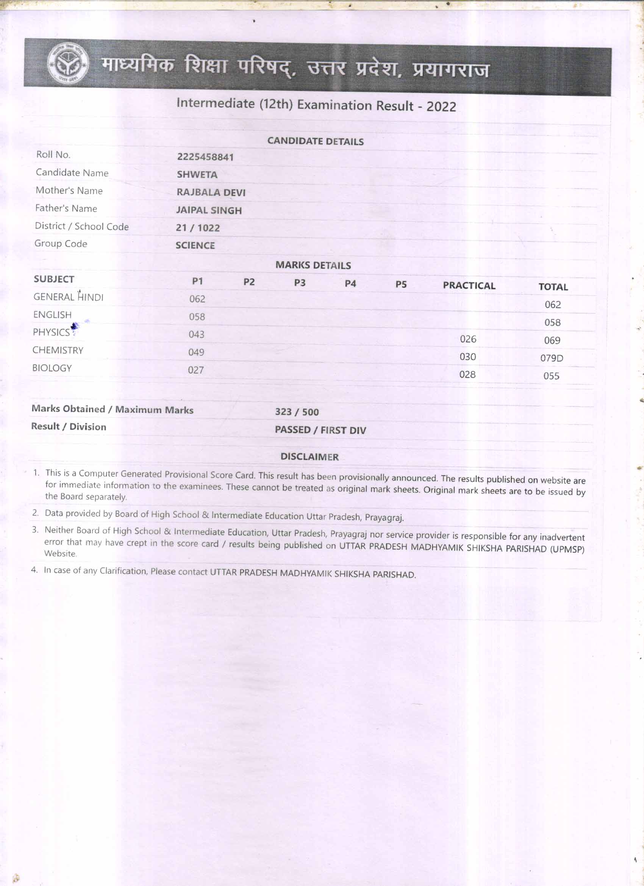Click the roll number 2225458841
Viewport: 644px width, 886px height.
(x=205, y=157)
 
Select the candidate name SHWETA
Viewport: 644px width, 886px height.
(x=197, y=175)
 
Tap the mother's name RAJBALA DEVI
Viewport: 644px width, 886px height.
(x=211, y=193)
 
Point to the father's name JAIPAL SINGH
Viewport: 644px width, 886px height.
(x=209, y=211)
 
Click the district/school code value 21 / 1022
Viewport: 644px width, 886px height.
(x=198, y=228)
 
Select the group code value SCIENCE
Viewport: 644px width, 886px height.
(x=195, y=246)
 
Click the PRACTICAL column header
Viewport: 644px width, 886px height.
(x=469, y=286)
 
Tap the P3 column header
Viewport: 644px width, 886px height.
(x=300, y=283)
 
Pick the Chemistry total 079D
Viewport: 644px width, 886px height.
(x=552, y=358)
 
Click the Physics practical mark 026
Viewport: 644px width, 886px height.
(x=468, y=339)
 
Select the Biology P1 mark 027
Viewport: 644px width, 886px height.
(x=195, y=370)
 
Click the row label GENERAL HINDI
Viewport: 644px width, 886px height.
(x=68, y=297)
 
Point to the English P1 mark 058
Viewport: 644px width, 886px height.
(x=197, y=317)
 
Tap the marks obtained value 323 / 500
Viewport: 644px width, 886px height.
(x=297, y=412)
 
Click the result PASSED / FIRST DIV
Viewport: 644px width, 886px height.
(x=320, y=430)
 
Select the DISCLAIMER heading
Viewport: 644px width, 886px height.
(x=309, y=457)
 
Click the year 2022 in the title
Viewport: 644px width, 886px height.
(x=441, y=106)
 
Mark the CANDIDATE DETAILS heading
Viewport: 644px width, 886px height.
(x=315, y=141)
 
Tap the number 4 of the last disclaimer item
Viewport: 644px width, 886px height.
(x=34, y=570)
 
